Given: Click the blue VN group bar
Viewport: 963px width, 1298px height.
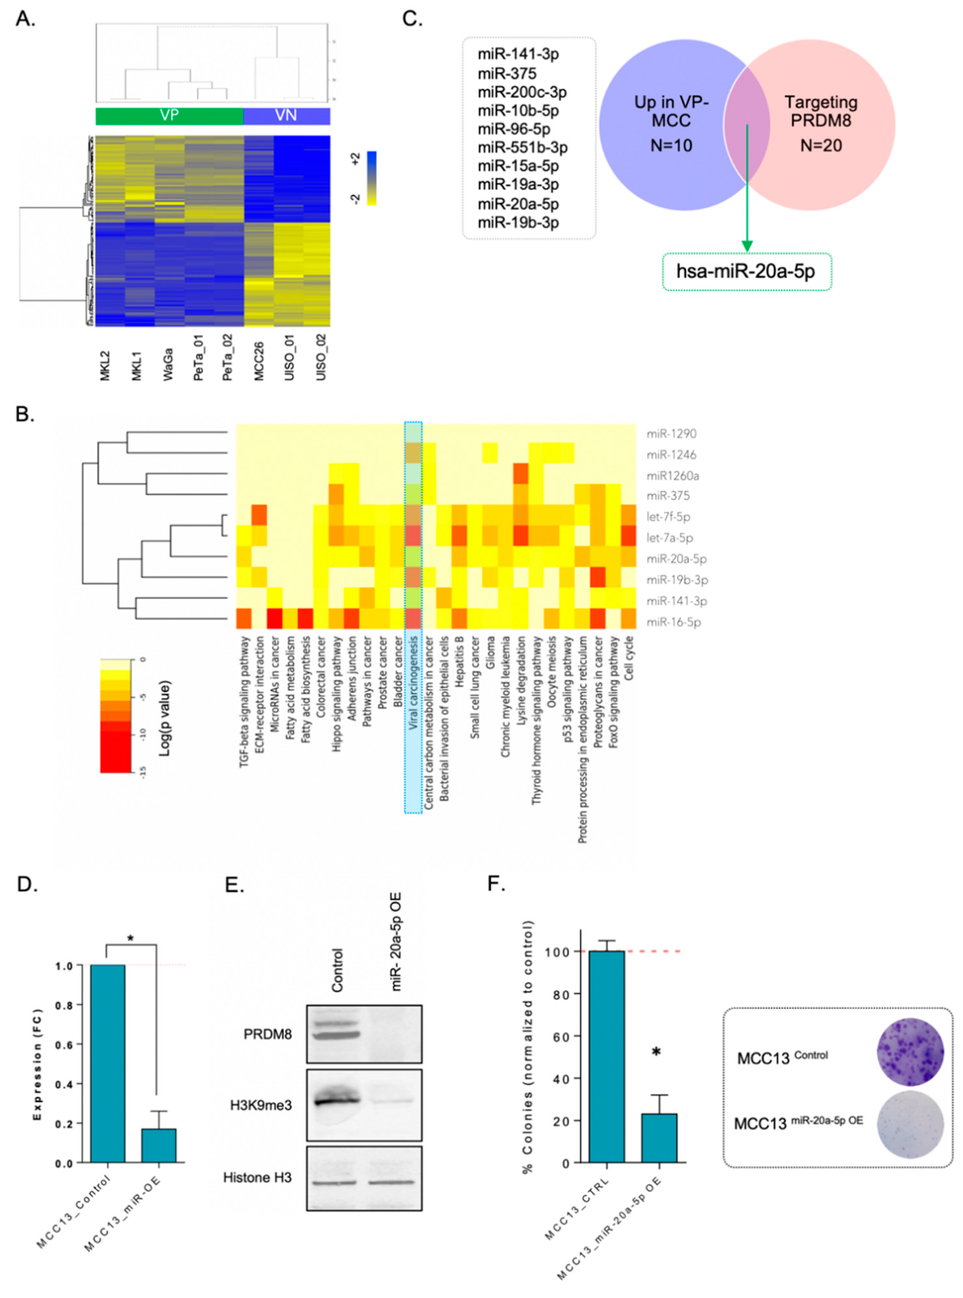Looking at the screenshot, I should (x=286, y=116).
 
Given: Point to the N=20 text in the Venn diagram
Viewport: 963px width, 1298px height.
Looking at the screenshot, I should (x=821, y=145).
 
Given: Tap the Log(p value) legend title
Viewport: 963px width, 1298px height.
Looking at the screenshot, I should (x=165, y=717).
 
